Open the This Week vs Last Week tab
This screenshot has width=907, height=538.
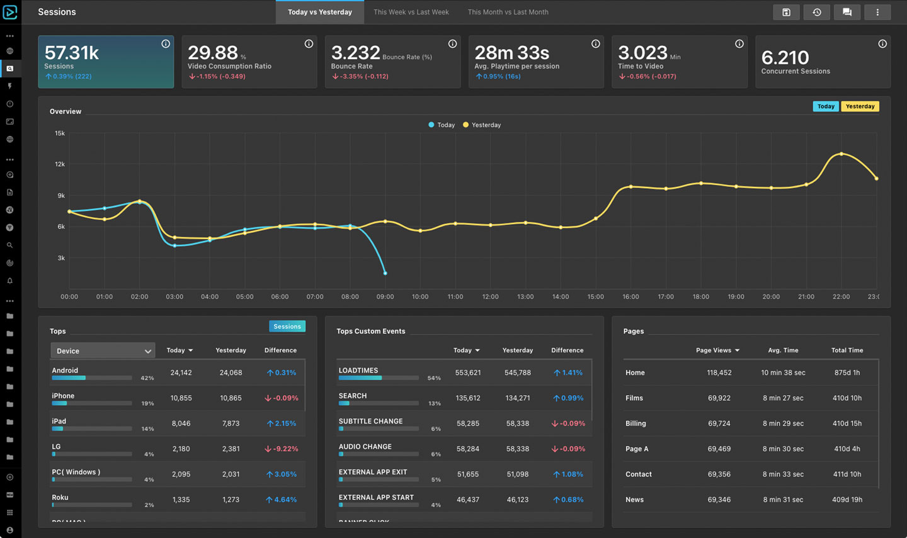(411, 12)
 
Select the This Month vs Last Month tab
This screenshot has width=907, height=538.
(508, 12)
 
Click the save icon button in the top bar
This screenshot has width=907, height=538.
(786, 12)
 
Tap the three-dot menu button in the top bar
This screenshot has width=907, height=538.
(877, 12)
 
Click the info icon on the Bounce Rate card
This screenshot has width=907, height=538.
(452, 43)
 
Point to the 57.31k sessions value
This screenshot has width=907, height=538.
(72, 53)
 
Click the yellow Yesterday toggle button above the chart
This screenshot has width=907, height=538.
(860, 106)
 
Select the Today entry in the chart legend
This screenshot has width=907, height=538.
(442, 125)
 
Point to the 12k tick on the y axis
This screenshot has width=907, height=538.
(60, 164)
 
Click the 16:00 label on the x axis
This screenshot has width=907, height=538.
(630, 297)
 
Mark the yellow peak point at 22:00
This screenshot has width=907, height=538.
(841, 154)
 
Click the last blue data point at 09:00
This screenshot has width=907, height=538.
(385, 274)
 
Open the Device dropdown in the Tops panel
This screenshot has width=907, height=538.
(103, 350)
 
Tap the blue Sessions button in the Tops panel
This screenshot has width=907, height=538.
(287, 327)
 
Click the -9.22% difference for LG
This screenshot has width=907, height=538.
(282, 449)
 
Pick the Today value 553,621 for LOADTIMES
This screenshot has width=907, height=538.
(467, 373)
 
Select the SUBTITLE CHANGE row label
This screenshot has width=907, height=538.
(370, 421)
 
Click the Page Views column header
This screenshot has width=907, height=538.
(714, 350)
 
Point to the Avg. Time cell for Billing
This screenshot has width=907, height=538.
(783, 423)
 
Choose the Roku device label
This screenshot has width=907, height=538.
(60, 498)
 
